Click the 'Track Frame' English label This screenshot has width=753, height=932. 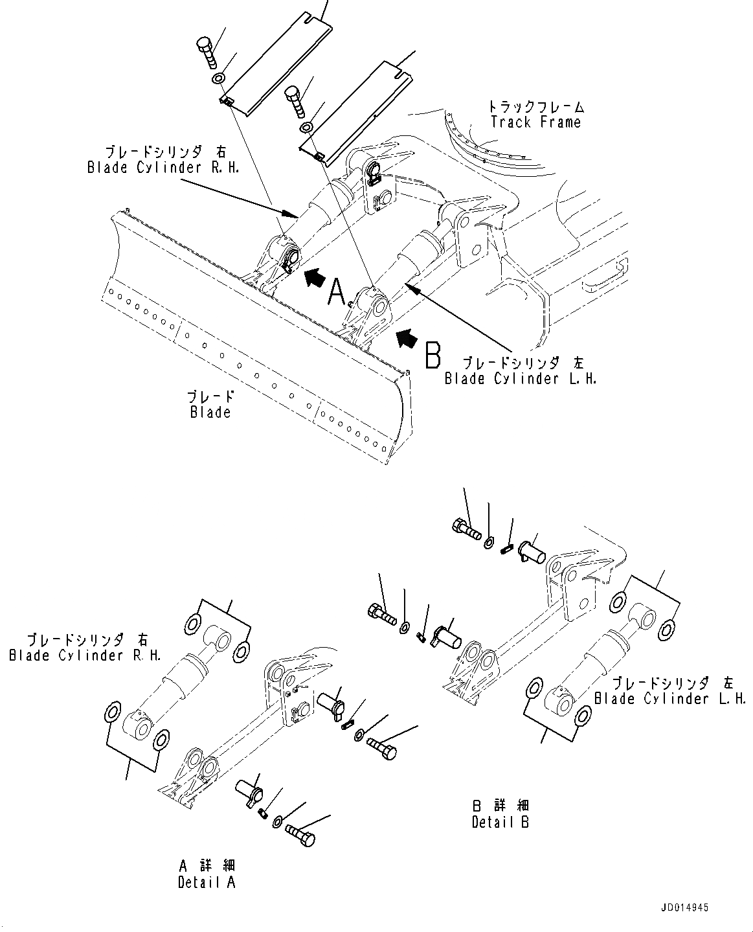[x=535, y=122]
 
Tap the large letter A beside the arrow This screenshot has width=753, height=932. [x=337, y=292]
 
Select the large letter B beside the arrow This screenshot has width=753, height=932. [x=433, y=355]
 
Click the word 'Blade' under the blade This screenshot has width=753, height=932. [x=210, y=412]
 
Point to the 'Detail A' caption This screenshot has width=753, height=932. [x=207, y=882]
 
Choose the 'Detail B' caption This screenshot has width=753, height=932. [x=500, y=823]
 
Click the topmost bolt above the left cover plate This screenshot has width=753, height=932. [x=206, y=52]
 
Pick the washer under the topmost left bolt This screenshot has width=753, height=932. [x=219, y=79]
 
